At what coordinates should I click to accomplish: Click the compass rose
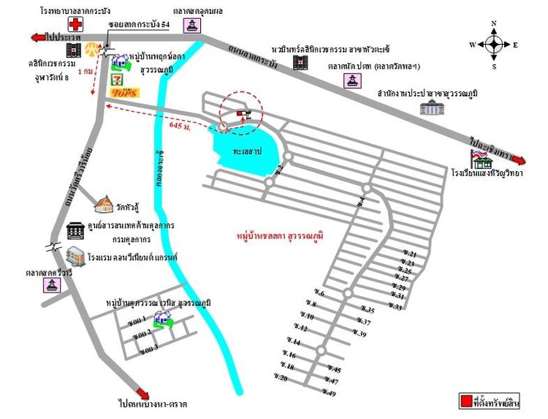coord(494,45)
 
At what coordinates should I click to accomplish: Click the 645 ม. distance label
coord(180,126)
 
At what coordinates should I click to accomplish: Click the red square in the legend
coord(465,401)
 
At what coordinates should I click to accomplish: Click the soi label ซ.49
coord(328,393)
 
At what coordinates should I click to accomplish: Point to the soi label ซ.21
coord(408,253)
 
